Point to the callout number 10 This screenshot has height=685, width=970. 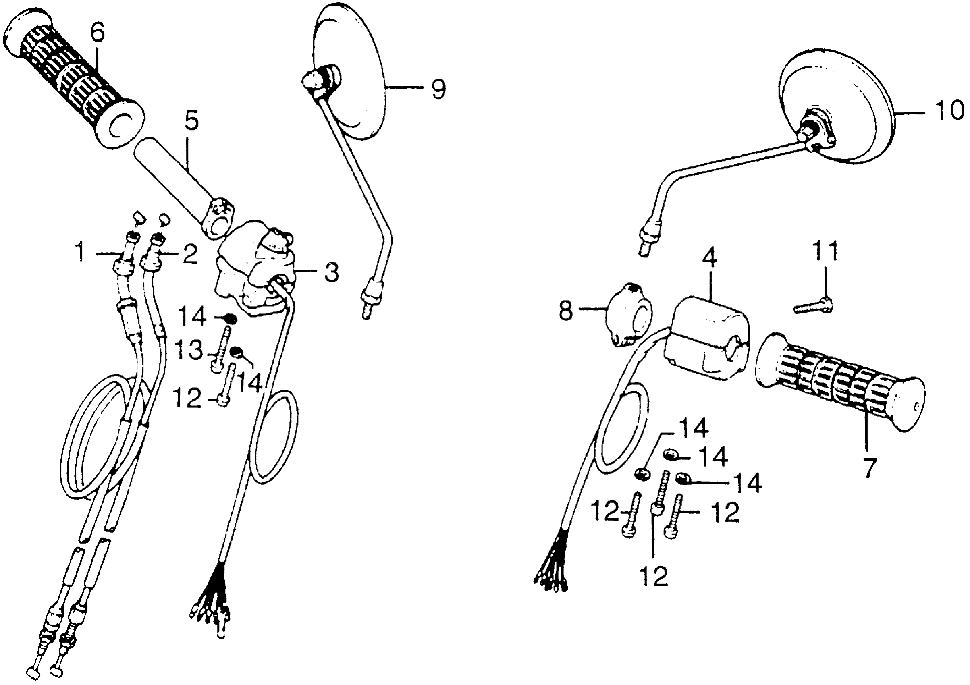click(x=949, y=111)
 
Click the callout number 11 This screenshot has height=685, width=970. click(x=825, y=252)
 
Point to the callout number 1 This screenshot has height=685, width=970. click(x=80, y=254)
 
